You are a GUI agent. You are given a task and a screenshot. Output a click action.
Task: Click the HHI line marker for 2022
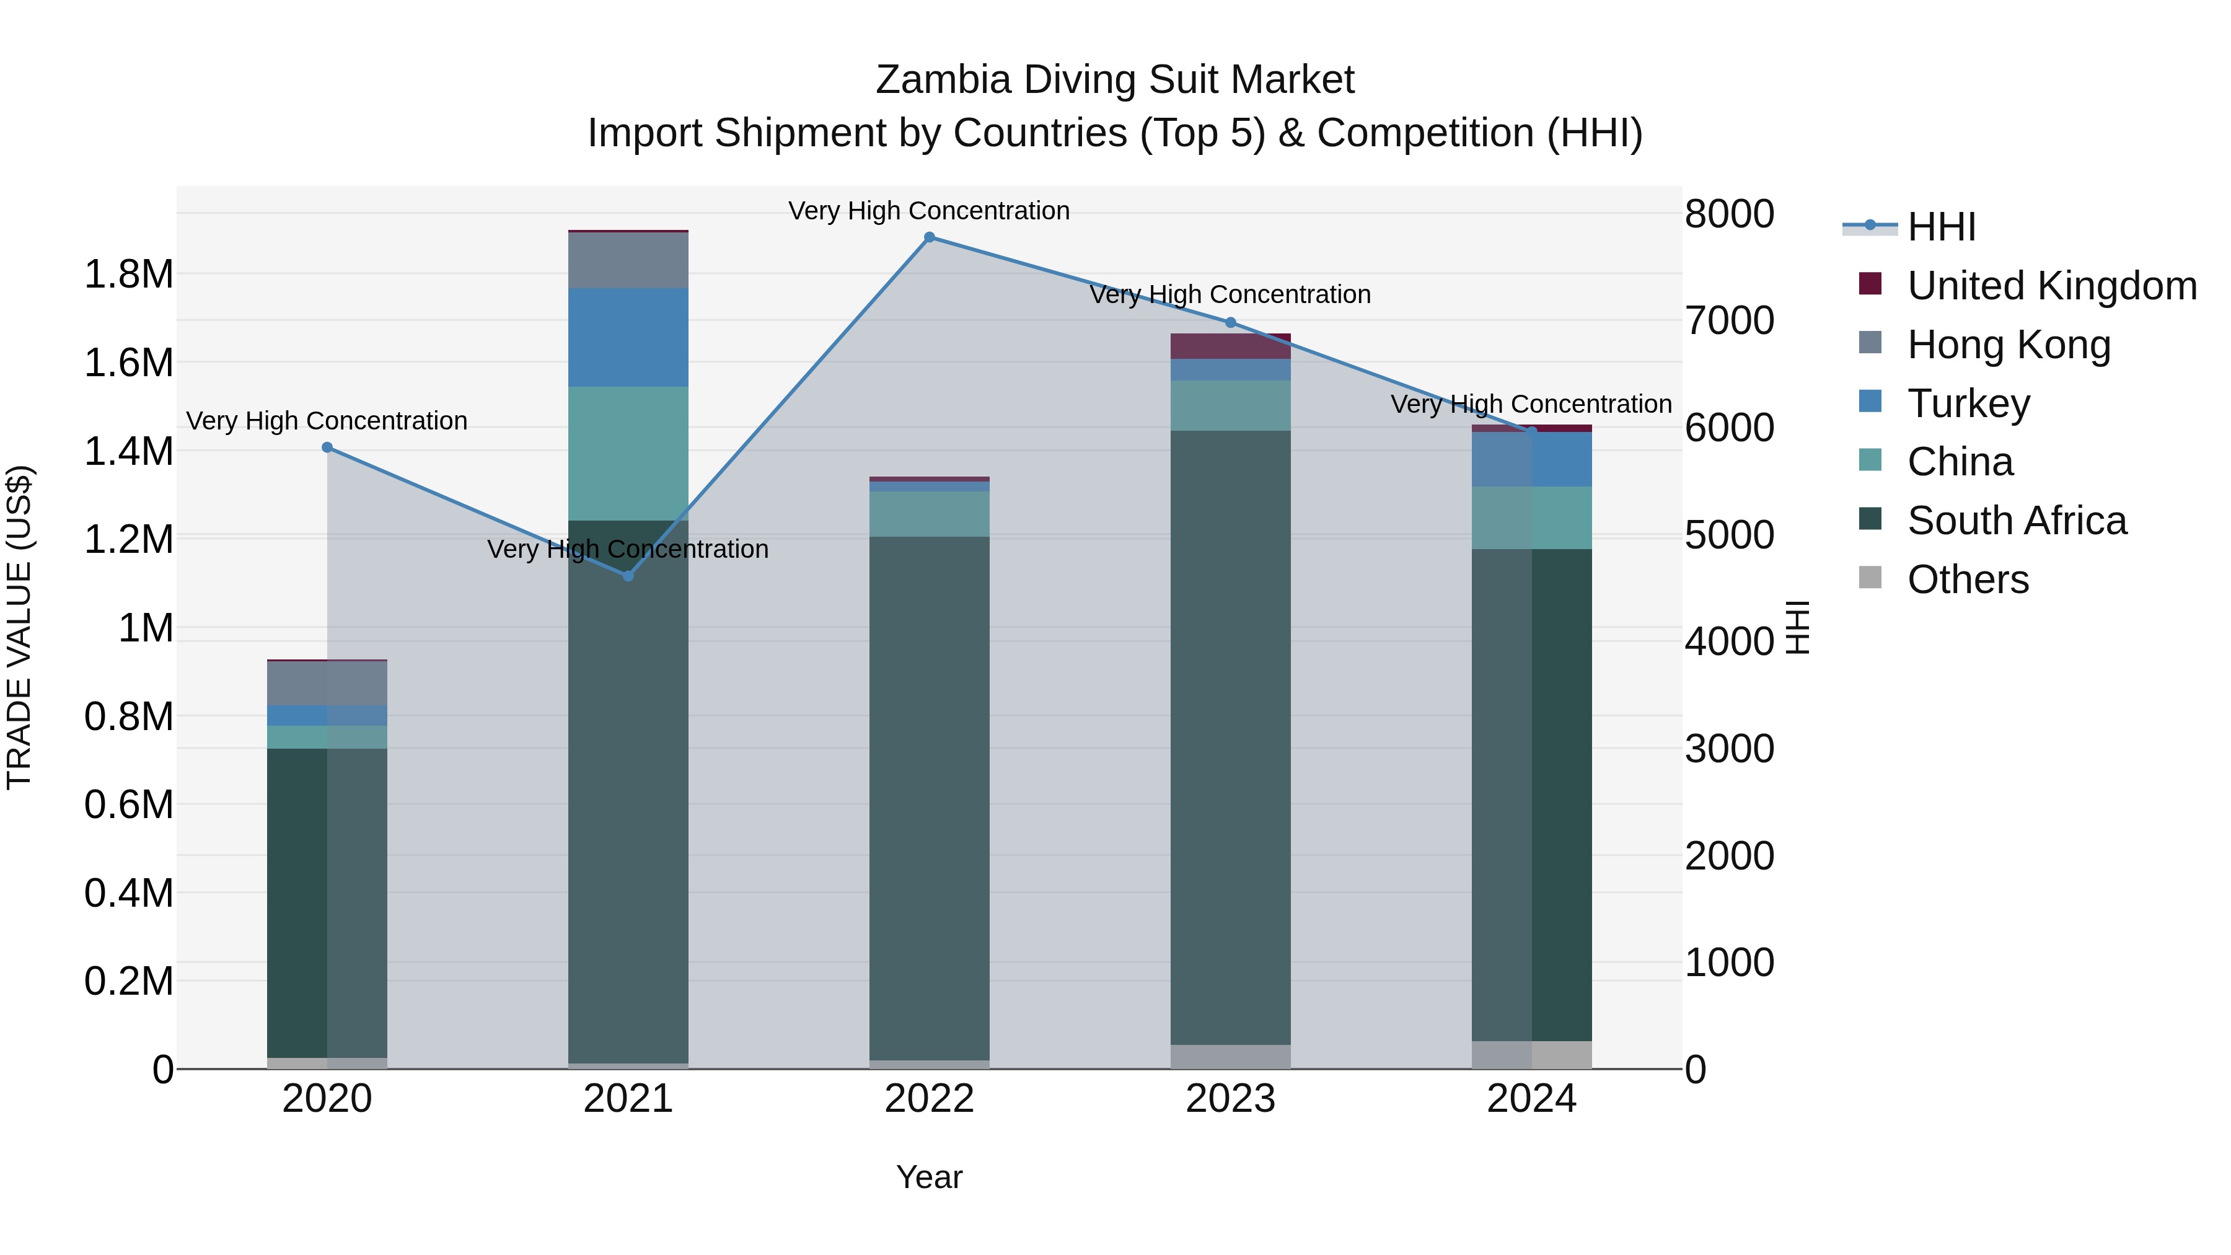pyautogui.click(x=930, y=237)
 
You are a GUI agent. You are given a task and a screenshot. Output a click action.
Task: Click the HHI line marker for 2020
pyautogui.click(x=327, y=447)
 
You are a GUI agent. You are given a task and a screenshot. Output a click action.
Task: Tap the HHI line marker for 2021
pyautogui.click(x=629, y=576)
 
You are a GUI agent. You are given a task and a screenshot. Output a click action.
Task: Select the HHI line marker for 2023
pyautogui.click(x=1231, y=322)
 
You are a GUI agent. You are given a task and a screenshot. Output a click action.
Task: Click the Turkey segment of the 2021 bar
pyautogui.click(x=629, y=337)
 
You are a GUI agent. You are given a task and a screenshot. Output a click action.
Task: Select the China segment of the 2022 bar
pyautogui.click(x=930, y=514)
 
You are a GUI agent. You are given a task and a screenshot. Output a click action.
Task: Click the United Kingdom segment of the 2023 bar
pyautogui.click(x=1231, y=346)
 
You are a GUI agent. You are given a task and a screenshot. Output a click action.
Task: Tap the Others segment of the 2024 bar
pyautogui.click(x=1532, y=1054)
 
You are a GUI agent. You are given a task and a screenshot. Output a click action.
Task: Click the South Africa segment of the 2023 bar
pyautogui.click(x=1231, y=736)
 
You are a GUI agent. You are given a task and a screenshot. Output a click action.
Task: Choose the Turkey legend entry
pyautogui.click(x=1968, y=403)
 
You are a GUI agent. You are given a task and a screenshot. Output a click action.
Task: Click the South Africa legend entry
pyautogui.click(x=2015, y=521)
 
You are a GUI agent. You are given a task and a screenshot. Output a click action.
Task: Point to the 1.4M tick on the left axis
pyautogui.click(x=128, y=451)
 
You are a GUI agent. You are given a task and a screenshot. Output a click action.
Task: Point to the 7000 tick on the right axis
pyautogui.click(x=1728, y=320)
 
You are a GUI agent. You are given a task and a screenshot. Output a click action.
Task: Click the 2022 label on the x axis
pyautogui.click(x=930, y=1099)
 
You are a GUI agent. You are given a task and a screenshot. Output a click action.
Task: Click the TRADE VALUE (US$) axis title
pyautogui.click(x=19, y=627)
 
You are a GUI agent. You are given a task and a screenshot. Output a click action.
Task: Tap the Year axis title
pyautogui.click(x=930, y=1177)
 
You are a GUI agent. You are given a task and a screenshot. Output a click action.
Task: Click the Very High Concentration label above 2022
pyautogui.click(x=930, y=211)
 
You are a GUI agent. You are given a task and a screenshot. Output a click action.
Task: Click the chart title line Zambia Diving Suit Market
pyautogui.click(x=1115, y=80)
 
